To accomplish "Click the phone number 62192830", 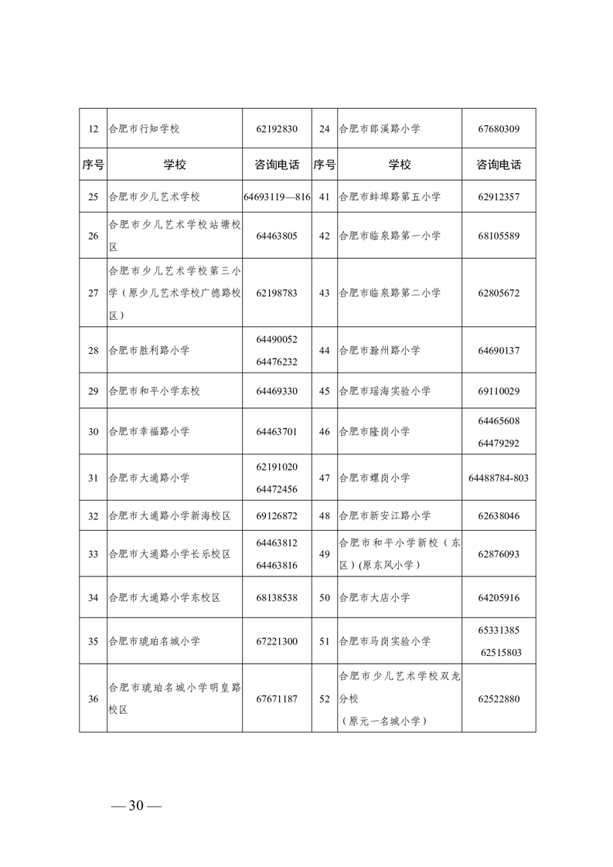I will pyautogui.click(x=277, y=129).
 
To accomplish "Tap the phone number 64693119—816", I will pyautogui.click(x=277, y=197).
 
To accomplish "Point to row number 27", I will pyautogui.click(x=93, y=294).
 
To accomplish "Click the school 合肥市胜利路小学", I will pyautogui.click(x=149, y=351).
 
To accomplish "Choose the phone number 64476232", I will pyautogui.click(x=277, y=362).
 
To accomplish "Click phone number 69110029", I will pyautogui.click(x=499, y=391).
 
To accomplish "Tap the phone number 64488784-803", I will pyautogui.click(x=499, y=478).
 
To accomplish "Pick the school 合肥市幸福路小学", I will pyautogui.click(x=149, y=431).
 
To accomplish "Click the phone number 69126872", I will pyautogui.click(x=277, y=515).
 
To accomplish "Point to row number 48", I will pyautogui.click(x=325, y=515).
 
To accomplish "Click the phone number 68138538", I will pyautogui.click(x=277, y=597).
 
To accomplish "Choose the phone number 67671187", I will pyautogui.click(x=277, y=699).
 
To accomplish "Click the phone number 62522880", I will pyautogui.click(x=499, y=699).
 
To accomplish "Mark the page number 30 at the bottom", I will pyautogui.click(x=136, y=806).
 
